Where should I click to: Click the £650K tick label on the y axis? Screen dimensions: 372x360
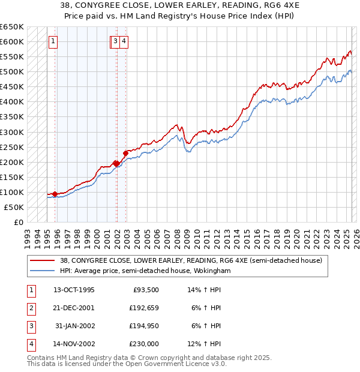pos(12,27)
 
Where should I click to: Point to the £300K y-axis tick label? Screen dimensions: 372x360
pos(12,132)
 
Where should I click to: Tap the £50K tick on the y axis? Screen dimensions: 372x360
pos(14,207)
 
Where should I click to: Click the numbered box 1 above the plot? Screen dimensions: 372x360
pos(53,41)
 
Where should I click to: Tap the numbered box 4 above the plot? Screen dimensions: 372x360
pos(123,41)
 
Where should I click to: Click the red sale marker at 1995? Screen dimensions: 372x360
pos(55,194)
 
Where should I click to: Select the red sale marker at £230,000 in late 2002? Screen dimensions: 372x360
pos(126,153)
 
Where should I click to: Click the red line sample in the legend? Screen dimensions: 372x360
pos(43,260)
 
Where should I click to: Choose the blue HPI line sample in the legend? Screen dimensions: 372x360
pos(43,271)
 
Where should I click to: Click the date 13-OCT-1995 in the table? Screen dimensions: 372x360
pos(74,290)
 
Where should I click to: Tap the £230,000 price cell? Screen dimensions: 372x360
pos(143,344)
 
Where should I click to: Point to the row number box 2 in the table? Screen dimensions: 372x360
pos(30,308)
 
